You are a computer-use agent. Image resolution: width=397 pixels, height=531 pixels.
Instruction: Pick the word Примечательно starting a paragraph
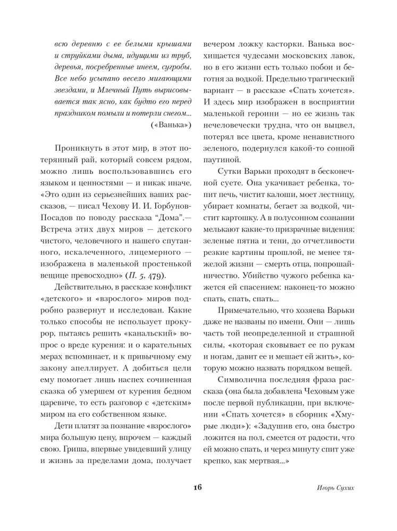tap(249, 311)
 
